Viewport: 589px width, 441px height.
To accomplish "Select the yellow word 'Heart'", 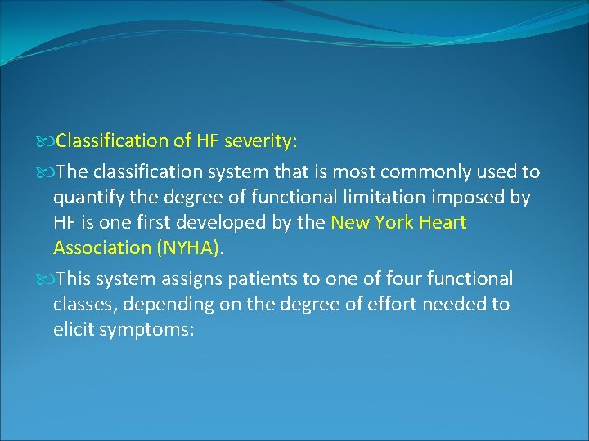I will (443, 222).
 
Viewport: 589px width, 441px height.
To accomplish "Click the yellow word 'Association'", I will (100, 247).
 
